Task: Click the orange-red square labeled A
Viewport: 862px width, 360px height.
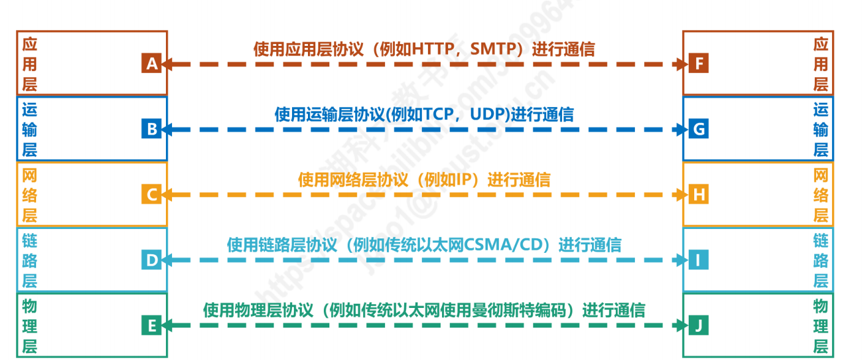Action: [x=151, y=63]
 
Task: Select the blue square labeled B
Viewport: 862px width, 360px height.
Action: [x=151, y=129]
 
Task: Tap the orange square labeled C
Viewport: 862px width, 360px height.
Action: [x=151, y=195]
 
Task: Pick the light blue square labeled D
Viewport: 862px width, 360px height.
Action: [x=151, y=260]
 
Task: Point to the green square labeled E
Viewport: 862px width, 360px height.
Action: [x=151, y=326]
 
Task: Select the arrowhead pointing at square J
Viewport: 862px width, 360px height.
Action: [x=681, y=326]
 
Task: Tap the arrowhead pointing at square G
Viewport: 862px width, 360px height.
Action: [x=681, y=129]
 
